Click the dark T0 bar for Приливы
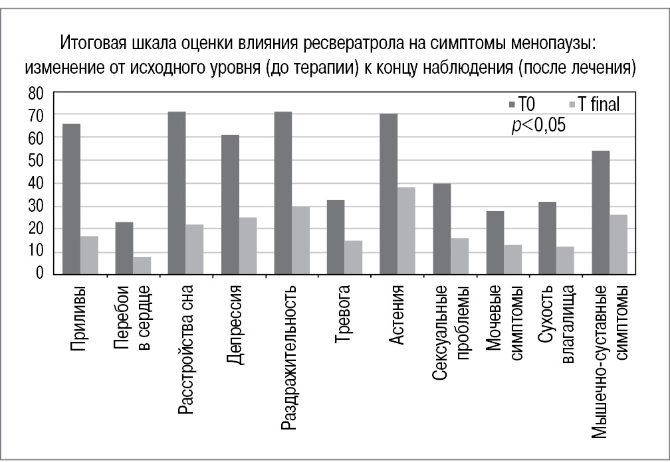pyautogui.click(x=71, y=198)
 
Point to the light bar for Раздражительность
pyautogui.click(x=300, y=240)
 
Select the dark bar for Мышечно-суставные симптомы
pyautogui.click(x=601, y=212)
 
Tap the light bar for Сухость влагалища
pyautogui.click(x=565, y=260)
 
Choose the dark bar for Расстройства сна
pyautogui.click(x=177, y=193)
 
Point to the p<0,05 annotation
pyautogui.click(x=538, y=125)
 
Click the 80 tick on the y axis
pyautogui.click(x=36, y=94)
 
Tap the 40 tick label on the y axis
pyautogui.click(x=36, y=184)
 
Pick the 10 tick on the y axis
pyautogui.click(x=36, y=252)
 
